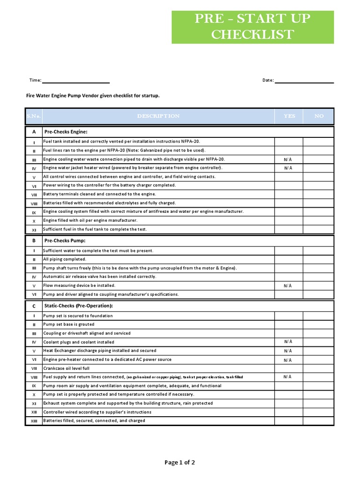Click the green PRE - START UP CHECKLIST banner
[253, 27]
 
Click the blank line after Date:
[304, 81]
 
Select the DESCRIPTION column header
[158, 116]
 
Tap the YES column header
[289, 116]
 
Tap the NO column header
[319, 116]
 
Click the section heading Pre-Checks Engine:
[66, 132]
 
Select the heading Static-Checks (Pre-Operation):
[78, 306]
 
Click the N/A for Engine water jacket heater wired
[288, 168]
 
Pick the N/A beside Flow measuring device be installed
[288, 285]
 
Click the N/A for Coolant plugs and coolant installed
[288, 342]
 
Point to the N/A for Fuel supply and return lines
[288, 376]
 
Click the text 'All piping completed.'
[65, 259]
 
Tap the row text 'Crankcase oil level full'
[66, 368]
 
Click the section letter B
[34, 240]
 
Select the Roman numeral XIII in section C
[34, 421]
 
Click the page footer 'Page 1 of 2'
[180, 462]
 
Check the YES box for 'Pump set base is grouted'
[289, 324]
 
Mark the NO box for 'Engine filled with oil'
[319, 220]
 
